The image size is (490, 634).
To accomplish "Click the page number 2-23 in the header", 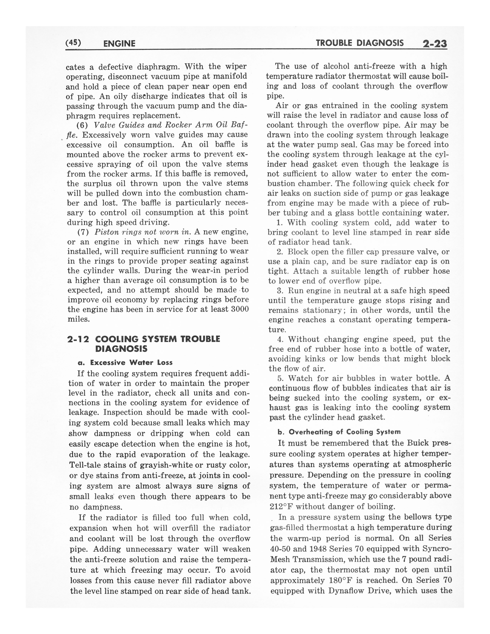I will coord(434,44).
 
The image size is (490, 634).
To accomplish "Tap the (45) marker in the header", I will coord(73,43).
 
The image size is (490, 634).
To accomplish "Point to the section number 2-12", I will coord(78,339).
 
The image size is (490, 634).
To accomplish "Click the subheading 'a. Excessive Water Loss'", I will coord(125,363).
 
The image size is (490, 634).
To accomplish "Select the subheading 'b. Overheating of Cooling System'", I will coord(339,432).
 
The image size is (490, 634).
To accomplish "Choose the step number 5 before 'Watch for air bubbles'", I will coord(280,378).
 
